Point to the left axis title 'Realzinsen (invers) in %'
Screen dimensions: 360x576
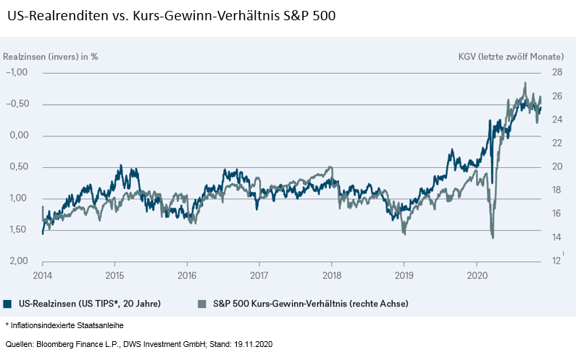(51, 56)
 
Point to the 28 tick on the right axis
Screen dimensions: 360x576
(557, 72)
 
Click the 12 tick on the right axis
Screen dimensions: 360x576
(556, 261)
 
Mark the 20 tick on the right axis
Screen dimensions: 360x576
(557, 167)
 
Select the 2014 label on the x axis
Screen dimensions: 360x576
(42, 275)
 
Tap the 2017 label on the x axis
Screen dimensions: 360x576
(259, 275)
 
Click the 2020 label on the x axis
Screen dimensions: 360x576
(477, 275)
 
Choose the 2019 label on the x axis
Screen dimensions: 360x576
(404, 275)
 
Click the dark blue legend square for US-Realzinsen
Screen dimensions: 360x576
(7, 304)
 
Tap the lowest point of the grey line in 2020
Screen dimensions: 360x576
(493, 237)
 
